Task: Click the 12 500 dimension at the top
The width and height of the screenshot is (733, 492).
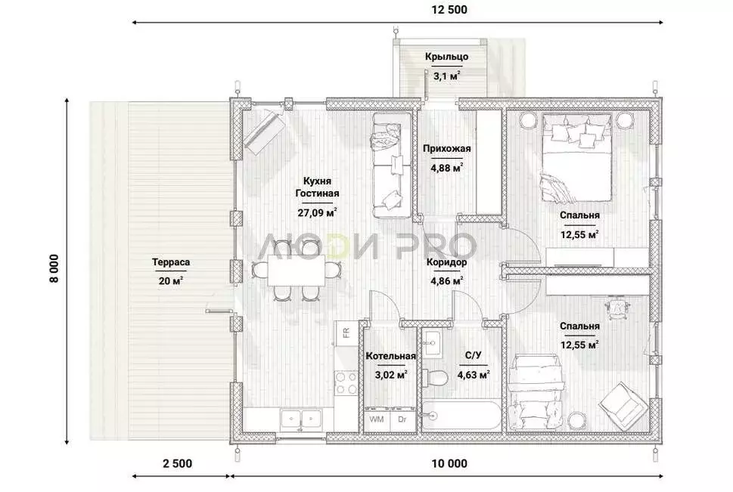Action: (449, 10)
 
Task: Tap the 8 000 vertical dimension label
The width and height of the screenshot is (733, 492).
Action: (54, 268)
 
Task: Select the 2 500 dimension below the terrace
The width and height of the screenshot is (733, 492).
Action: (177, 463)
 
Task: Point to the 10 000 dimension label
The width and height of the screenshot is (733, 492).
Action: (449, 463)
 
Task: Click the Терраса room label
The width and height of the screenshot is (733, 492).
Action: (171, 262)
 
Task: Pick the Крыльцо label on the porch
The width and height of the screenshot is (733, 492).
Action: (446, 57)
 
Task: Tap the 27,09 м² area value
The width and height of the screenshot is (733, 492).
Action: (318, 213)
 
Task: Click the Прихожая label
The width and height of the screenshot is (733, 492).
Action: (446, 149)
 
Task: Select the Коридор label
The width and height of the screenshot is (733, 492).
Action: (446, 262)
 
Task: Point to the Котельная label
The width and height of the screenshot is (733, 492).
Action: (390, 356)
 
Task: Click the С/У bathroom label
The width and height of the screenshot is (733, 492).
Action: (473, 356)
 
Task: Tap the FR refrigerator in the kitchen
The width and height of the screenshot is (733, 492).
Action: (346, 333)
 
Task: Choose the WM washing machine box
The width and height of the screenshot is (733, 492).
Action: (377, 419)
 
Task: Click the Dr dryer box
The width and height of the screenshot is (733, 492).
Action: (402, 419)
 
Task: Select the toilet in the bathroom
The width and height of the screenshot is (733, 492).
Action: (433, 376)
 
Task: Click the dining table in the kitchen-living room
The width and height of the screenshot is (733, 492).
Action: (297, 270)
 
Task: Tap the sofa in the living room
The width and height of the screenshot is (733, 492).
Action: (391, 165)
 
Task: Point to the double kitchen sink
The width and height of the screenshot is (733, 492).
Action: (300, 419)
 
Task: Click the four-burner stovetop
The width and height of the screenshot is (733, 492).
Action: (346, 382)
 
